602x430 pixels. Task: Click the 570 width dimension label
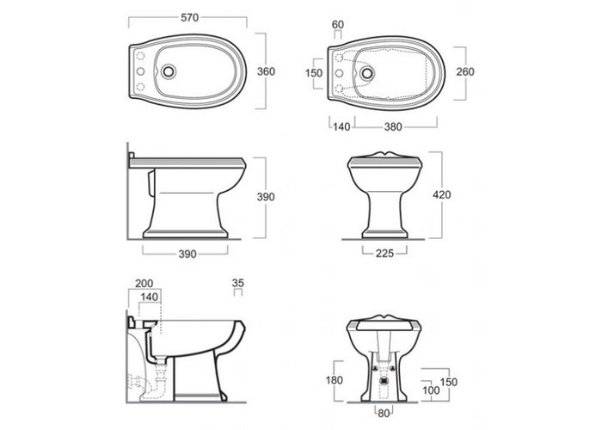pyautogui.click(x=190, y=18)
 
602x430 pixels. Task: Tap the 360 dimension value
pyautogui.click(x=266, y=71)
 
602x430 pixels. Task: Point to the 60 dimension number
pyautogui.click(x=338, y=24)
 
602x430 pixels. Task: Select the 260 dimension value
pyautogui.click(x=465, y=71)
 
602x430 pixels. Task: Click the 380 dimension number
pyautogui.click(x=393, y=126)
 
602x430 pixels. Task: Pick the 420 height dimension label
pyautogui.click(x=442, y=194)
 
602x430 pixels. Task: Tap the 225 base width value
pyautogui.click(x=384, y=253)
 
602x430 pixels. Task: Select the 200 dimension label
pyautogui.click(x=144, y=283)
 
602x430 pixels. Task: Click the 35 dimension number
pyautogui.click(x=238, y=283)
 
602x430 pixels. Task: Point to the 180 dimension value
pyautogui.click(x=334, y=380)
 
